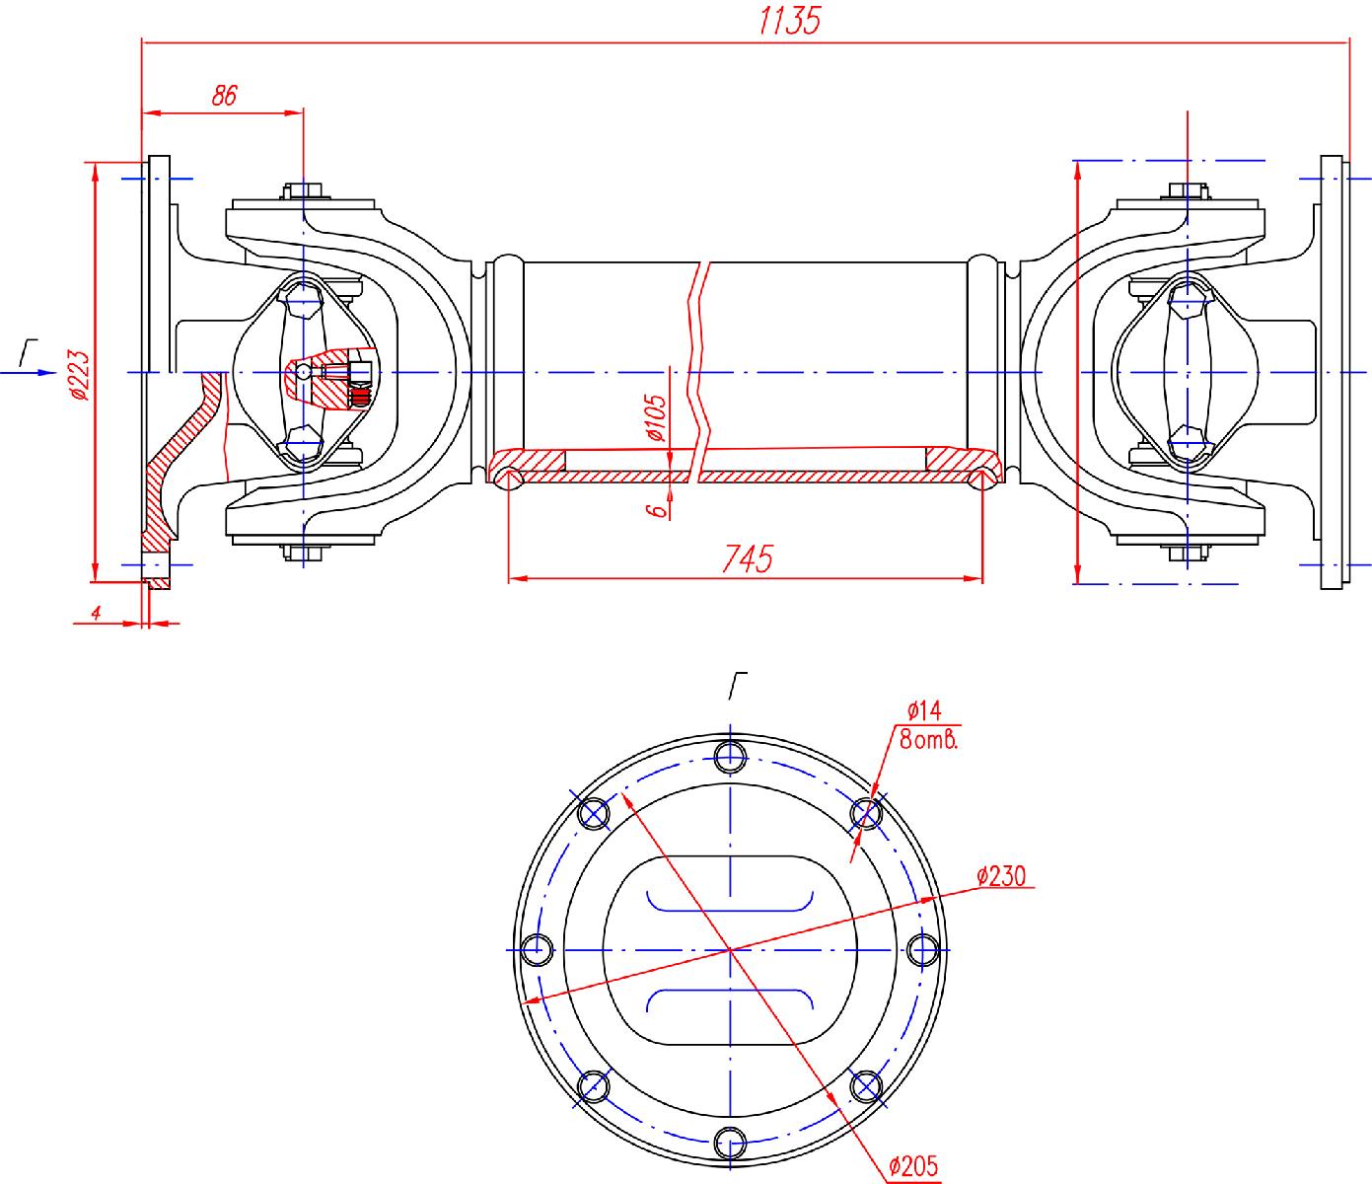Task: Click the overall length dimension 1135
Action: pyautogui.click(x=789, y=21)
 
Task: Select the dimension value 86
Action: pyautogui.click(x=225, y=96)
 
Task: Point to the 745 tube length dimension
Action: pyautogui.click(x=747, y=558)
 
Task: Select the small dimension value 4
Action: pyautogui.click(x=97, y=613)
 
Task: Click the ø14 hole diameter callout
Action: pyautogui.click(x=924, y=709)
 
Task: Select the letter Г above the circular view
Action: pyautogui.click(x=737, y=683)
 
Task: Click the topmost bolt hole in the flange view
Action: pyautogui.click(x=730, y=756)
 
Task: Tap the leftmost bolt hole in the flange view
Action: pyautogui.click(x=536, y=949)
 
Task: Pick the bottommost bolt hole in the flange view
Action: pyautogui.click(x=730, y=1142)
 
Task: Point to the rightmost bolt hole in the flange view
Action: pyautogui.click(x=922, y=949)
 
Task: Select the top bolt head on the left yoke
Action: pyautogui.click(x=304, y=189)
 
